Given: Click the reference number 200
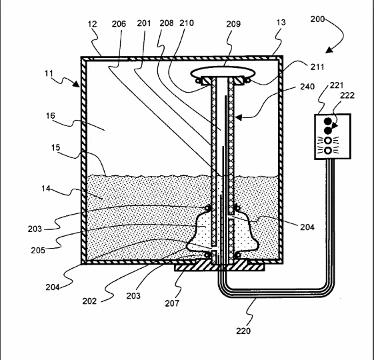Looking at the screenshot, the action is [x=317, y=19].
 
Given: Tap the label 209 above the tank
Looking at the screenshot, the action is [x=233, y=24].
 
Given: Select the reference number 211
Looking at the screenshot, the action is [x=317, y=67].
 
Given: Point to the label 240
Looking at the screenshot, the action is [x=307, y=87].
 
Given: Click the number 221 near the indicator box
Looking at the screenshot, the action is [x=337, y=85].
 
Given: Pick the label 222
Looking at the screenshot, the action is [x=347, y=95].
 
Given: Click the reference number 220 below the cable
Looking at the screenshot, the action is [x=243, y=331].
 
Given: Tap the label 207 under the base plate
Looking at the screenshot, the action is [x=172, y=303].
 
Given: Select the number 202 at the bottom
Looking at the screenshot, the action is [x=89, y=301].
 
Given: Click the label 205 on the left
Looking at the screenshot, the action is [x=38, y=250].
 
